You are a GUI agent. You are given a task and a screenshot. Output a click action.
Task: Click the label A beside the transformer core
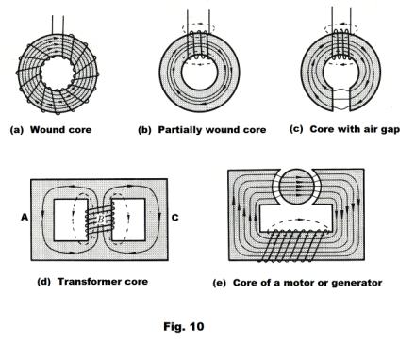pos(25,217)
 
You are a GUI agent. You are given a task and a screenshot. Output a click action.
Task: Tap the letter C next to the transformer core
pos(175,218)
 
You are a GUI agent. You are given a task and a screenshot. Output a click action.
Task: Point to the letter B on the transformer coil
pos(100,220)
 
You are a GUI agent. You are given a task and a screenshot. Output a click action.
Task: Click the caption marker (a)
pos(17,130)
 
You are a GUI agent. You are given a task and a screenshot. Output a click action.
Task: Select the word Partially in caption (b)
pos(179,130)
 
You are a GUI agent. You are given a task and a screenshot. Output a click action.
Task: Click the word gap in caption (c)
pos(390,129)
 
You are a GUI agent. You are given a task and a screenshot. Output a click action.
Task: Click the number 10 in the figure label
pos(196,327)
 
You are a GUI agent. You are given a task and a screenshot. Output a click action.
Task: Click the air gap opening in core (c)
pos(341,99)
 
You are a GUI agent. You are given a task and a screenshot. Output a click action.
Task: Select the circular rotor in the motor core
pos(296,187)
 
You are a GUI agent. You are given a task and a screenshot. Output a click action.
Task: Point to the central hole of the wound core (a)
pos(58,74)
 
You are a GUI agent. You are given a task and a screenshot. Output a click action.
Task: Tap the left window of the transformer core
pos(71,220)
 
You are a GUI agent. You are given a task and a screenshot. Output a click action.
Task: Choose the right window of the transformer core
pos(128,220)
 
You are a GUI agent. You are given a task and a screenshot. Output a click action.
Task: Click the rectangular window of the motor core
pos(296,218)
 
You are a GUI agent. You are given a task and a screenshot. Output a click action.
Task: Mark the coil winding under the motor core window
pos(291,246)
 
